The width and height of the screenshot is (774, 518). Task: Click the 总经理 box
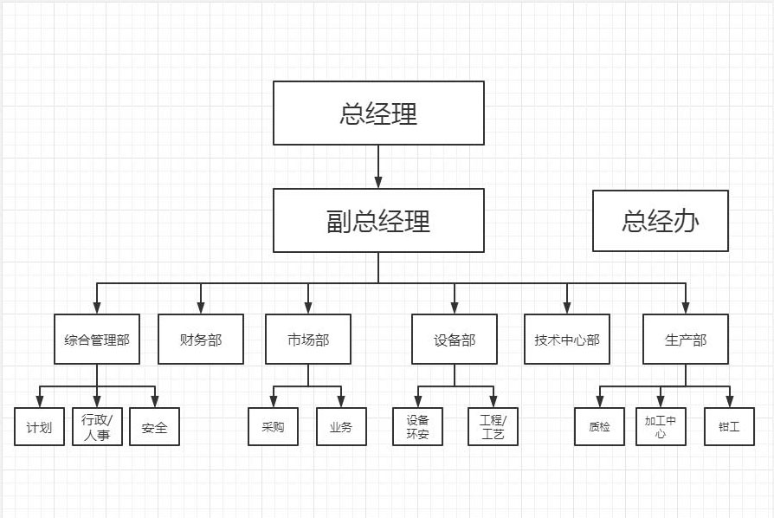pos(378,113)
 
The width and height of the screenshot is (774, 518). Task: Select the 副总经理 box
pos(378,221)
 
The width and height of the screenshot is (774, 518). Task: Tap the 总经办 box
pos(660,221)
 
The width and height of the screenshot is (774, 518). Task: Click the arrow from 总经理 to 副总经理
pos(378,166)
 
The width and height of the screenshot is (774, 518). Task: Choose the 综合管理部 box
pos(96,339)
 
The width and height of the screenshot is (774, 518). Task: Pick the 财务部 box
pos(201,339)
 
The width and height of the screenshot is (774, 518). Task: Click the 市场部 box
pos(308,339)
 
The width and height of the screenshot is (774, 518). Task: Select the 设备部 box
pos(455,339)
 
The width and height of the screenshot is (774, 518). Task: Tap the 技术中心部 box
pos(567,339)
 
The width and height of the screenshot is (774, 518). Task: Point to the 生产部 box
pos(686,339)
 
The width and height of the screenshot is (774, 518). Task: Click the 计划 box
pos(39,426)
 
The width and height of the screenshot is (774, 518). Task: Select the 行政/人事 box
pos(96,426)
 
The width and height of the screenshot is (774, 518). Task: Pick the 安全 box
pos(154,426)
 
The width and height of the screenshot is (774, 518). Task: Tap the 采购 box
pos(273,426)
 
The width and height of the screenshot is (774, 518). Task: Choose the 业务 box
pos(341,426)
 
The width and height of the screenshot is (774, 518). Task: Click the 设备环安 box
pos(417,426)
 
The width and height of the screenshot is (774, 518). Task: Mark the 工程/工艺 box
pos(492,426)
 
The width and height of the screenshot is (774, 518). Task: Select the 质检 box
pos(599,426)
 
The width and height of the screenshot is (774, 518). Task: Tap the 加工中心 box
pos(661,426)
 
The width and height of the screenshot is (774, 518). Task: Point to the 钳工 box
pos(729,426)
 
